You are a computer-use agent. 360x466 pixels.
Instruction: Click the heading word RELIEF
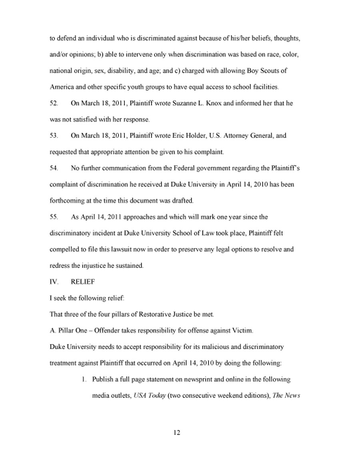pos(83,282)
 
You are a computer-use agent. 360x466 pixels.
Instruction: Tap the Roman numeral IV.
pos(54,282)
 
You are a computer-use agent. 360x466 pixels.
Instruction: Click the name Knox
pos(213,103)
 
